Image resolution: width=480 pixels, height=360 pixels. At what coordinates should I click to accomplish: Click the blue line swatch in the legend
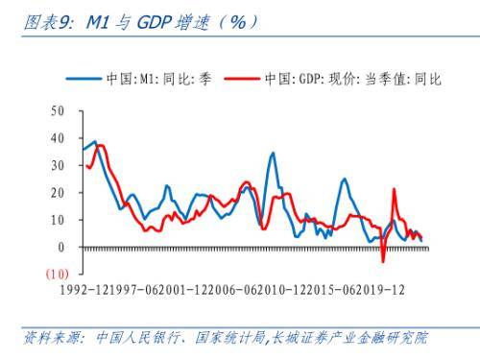coord(84,80)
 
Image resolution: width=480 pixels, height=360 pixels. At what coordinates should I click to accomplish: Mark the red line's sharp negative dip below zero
coord(383,261)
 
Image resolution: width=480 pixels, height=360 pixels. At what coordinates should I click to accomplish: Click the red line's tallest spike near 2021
coord(394,189)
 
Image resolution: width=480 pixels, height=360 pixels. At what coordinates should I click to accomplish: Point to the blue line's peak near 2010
coord(273,153)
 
